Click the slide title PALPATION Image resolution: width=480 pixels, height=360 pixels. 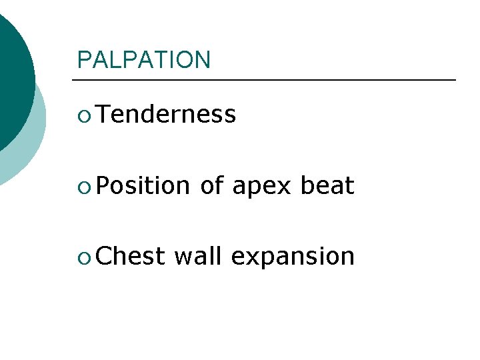point(143,60)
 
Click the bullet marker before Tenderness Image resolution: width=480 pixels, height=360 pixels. point(83,115)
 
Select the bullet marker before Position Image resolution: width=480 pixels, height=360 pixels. point(83,187)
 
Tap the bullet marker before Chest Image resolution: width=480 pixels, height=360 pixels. point(83,257)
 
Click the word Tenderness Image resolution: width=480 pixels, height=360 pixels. point(166,115)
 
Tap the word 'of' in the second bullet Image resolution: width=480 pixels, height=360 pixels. point(211,186)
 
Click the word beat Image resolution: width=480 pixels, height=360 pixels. point(327,186)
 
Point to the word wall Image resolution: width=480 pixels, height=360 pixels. point(197,256)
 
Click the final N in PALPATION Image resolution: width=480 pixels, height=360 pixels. point(203,60)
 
